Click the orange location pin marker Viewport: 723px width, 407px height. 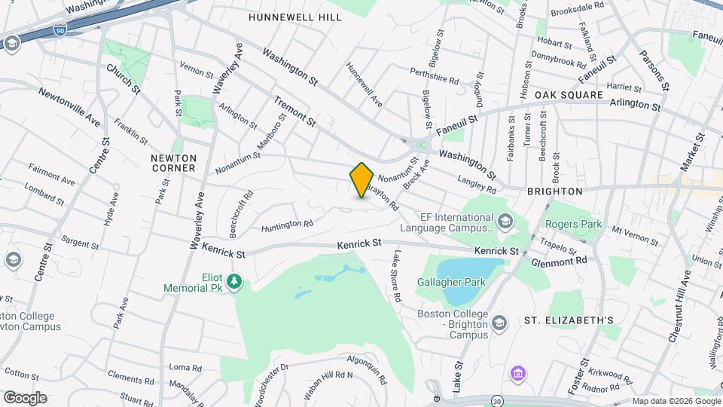361,180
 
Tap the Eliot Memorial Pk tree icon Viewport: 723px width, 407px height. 236,282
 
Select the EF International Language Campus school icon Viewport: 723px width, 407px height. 504,221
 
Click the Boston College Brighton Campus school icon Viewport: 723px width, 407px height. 499,323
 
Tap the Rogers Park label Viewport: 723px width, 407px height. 574,223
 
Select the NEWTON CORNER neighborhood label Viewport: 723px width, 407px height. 173,163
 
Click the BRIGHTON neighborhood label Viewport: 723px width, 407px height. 555,191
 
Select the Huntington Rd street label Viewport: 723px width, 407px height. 287,225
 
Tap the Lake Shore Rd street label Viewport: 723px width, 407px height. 395,276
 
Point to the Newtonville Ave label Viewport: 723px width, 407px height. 70,108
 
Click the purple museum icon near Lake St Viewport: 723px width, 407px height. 517,373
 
